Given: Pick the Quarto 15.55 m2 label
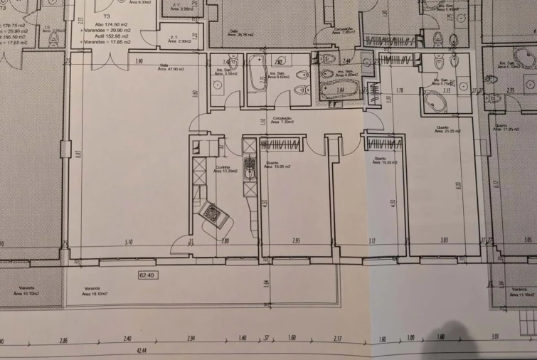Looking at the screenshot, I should pos(384,161).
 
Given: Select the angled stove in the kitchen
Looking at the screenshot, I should pos(213,213).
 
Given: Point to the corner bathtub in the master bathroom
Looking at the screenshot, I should pos(435,102).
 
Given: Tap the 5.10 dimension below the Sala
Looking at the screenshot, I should pos(128,241).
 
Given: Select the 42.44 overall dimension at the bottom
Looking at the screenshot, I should pos(142,351).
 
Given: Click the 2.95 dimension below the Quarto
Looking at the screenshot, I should pos(296,241).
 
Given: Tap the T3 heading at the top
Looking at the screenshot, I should pos(107,14).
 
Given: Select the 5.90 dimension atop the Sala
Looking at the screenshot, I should pos(140,61).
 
